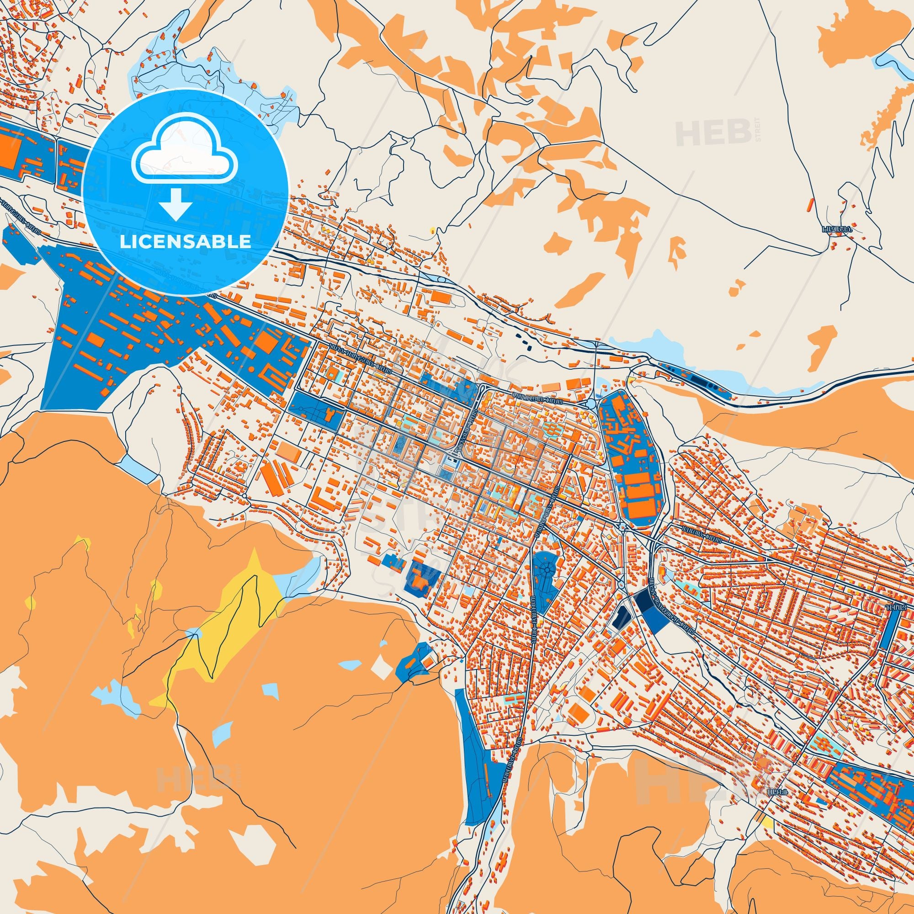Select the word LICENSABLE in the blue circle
point(185,242)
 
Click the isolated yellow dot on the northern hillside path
point(431,231)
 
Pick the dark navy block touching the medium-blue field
point(643,601)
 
